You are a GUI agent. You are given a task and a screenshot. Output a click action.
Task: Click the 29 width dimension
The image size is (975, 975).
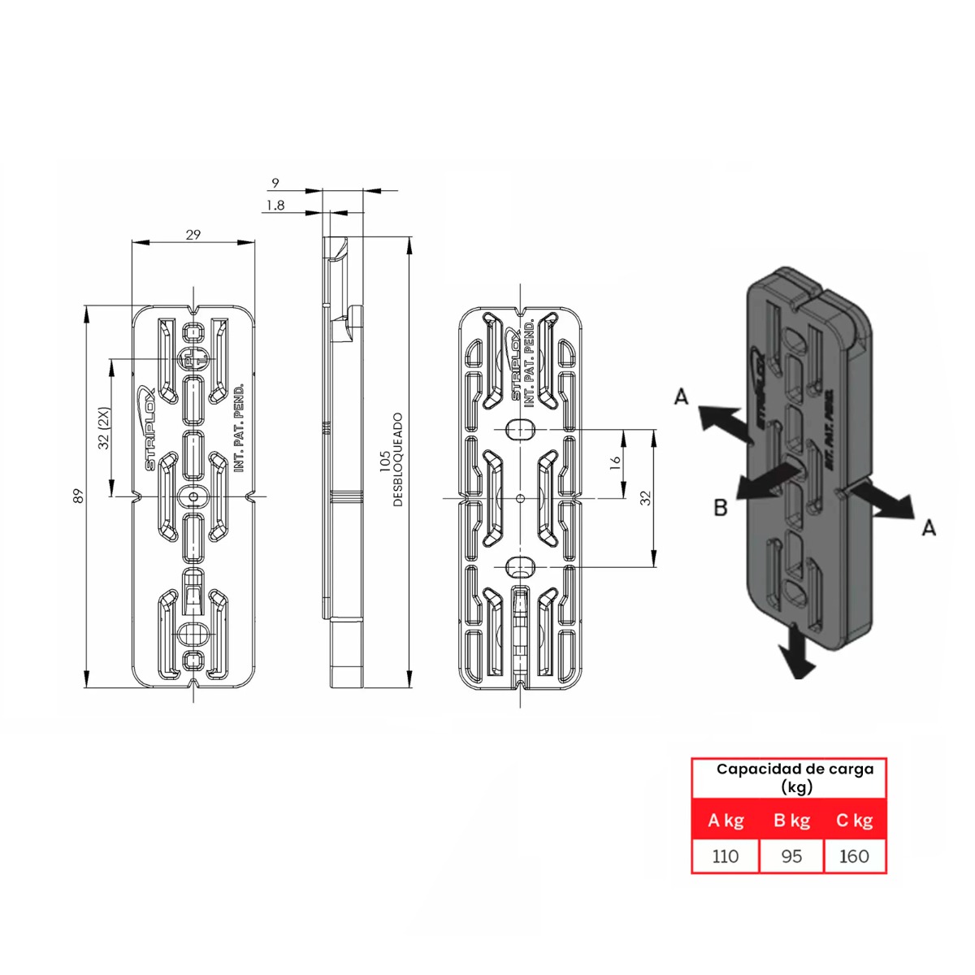[193, 235]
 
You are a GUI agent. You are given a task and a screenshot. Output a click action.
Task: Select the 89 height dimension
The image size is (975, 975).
[79, 495]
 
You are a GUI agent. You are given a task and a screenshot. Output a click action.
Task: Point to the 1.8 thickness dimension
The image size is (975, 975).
[275, 206]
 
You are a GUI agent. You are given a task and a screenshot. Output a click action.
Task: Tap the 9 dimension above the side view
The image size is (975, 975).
[275, 184]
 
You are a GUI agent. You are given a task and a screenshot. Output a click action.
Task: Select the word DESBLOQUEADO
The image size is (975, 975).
[398, 460]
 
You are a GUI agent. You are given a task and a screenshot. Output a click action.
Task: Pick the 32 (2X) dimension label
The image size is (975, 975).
[103, 427]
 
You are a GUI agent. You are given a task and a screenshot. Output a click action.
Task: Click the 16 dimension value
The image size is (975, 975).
[615, 461]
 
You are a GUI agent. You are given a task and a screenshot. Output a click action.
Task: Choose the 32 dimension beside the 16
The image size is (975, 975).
[646, 497]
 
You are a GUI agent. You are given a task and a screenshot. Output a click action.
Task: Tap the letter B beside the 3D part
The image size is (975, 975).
[720, 508]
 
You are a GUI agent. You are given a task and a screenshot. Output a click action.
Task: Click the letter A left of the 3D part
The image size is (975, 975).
[681, 396]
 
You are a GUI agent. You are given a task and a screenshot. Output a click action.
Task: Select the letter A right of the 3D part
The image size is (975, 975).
[929, 527]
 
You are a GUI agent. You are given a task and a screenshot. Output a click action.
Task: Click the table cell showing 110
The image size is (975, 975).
[725, 856]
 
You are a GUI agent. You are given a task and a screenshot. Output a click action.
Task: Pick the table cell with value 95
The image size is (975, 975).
[791, 856]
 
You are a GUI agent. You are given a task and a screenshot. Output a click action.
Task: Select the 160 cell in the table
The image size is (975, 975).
[854, 856]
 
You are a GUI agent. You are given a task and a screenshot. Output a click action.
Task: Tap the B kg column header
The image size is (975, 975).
[791, 821]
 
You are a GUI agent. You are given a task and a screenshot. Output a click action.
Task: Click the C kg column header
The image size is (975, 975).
[854, 821]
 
